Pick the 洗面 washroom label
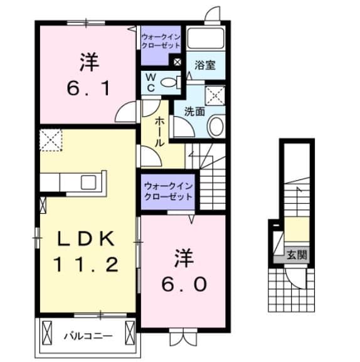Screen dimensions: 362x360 tap(194, 112)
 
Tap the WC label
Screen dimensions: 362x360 tap(151, 81)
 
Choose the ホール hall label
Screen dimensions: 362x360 tap(161, 130)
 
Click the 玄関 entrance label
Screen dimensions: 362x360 tap(297, 255)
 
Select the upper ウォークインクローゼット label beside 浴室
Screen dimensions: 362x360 tap(161, 41)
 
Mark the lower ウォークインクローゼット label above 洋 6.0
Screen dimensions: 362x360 tap(168, 190)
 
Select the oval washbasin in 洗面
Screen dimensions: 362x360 tap(215, 127)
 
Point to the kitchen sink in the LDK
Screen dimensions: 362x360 tap(88, 182)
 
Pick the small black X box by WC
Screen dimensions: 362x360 tap(177, 62)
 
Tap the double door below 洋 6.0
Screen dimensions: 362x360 tap(184, 338)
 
